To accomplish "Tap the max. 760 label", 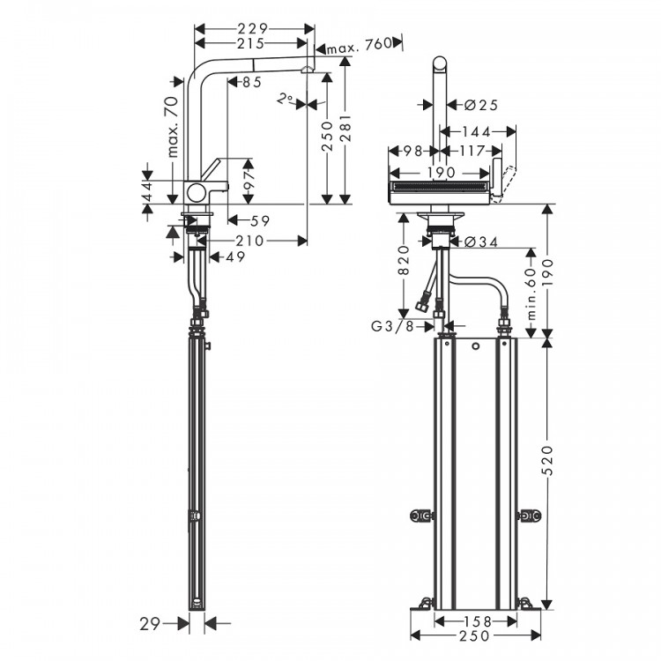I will [360, 46].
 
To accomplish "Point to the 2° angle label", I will [284, 99].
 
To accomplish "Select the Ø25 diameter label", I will [480, 105].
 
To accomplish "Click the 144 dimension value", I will [475, 131].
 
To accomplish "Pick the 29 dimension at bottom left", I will [152, 624].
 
